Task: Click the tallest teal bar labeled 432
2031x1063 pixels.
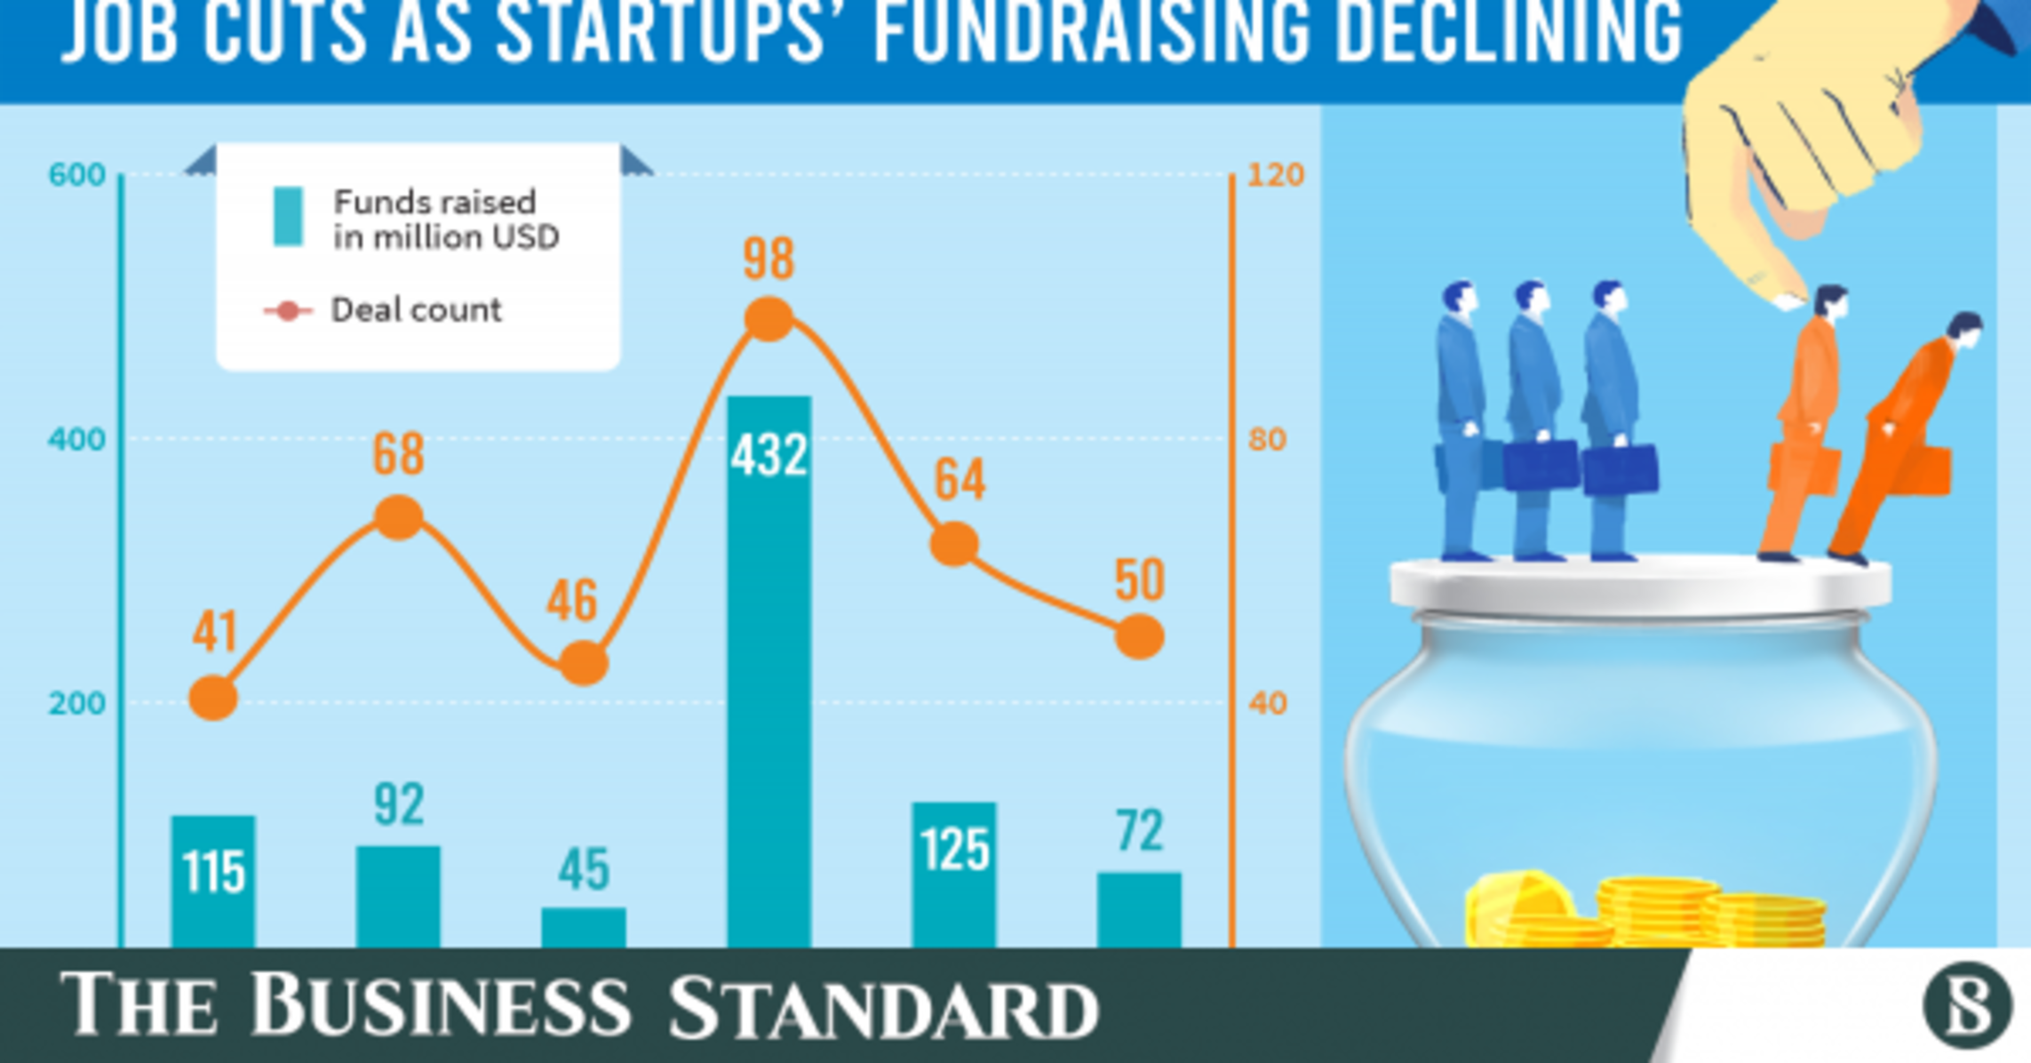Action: (x=769, y=667)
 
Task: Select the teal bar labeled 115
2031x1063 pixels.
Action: (x=213, y=880)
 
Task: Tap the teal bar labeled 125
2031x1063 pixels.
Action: (x=954, y=875)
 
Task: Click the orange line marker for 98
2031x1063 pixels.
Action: (x=769, y=319)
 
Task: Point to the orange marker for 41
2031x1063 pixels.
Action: (x=213, y=698)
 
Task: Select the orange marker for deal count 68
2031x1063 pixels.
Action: (x=399, y=518)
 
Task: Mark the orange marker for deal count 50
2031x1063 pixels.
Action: (x=1139, y=636)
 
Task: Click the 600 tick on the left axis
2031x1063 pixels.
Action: (x=77, y=175)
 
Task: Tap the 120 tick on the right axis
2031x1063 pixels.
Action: (x=1275, y=175)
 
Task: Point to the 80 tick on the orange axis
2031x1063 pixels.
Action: (x=1267, y=439)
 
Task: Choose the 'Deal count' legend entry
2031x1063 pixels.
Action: (x=415, y=310)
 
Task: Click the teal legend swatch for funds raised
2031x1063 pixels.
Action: (x=288, y=216)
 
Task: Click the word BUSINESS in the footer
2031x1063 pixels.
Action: (x=440, y=1005)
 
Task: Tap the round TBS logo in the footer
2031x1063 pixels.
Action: (x=1967, y=1006)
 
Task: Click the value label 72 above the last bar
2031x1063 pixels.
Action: (x=1139, y=831)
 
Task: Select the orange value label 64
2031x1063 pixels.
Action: (x=960, y=480)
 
